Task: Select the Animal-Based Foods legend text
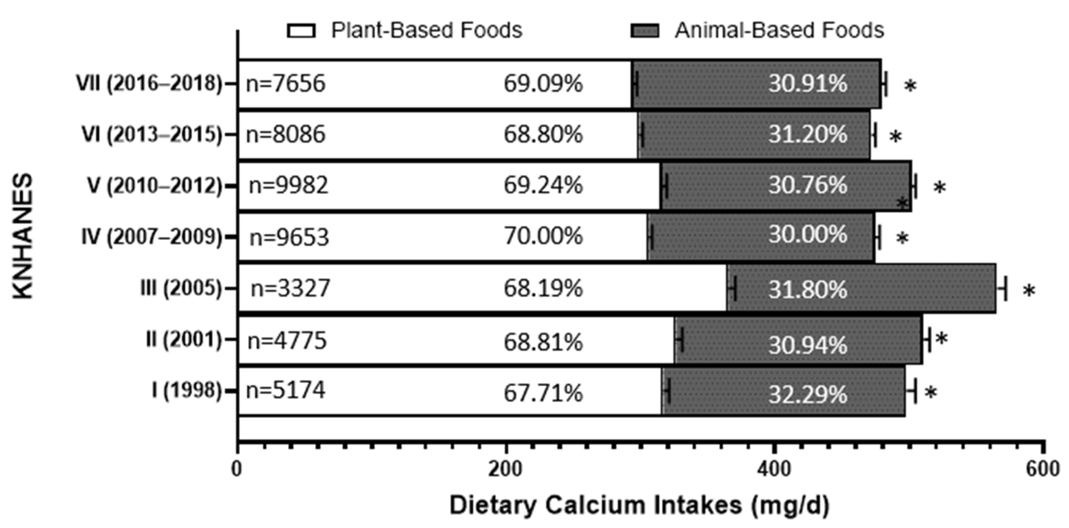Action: tap(779, 30)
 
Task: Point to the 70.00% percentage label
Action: tap(543, 236)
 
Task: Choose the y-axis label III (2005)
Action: tap(181, 288)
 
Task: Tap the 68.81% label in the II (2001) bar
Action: tap(543, 342)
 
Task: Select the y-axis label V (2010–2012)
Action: tap(155, 186)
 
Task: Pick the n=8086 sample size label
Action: tap(286, 135)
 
